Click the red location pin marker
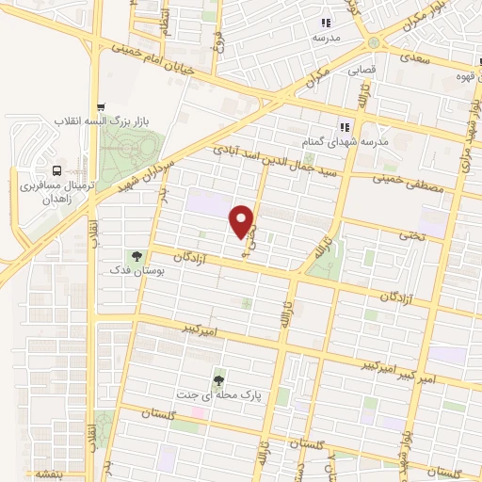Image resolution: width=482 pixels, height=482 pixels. pyautogui.click(x=243, y=221)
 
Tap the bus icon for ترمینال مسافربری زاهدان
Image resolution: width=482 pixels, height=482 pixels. pyautogui.click(x=58, y=171)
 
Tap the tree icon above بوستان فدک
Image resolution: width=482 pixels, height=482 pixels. pyautogui.click(x=137, y=255)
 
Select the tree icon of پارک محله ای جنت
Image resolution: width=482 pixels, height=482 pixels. pyautogui.click(x=219, y=380)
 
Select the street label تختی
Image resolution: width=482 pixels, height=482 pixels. pyautogui.click(x=433, y=234)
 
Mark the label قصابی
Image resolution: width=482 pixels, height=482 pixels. pyautogui.click(x=362, y=69)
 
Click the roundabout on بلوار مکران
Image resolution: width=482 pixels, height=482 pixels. pyautogui.click(x=376, y=43)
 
